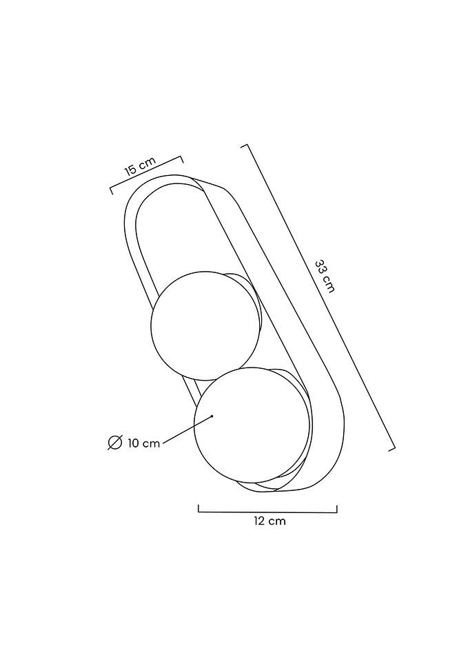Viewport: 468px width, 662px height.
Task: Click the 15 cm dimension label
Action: point(140,166)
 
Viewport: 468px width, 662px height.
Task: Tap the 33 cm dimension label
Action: point(325,277)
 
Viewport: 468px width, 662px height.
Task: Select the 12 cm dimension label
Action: point(269,521)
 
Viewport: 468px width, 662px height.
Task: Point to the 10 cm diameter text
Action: point(143,443)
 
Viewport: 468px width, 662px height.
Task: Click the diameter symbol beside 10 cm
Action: point(114,443)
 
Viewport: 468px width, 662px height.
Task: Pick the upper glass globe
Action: point(205,325)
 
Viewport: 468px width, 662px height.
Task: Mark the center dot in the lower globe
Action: point(212,417)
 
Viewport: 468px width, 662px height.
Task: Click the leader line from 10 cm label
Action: point(187,430)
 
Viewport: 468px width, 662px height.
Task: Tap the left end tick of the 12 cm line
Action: point(199,508)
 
